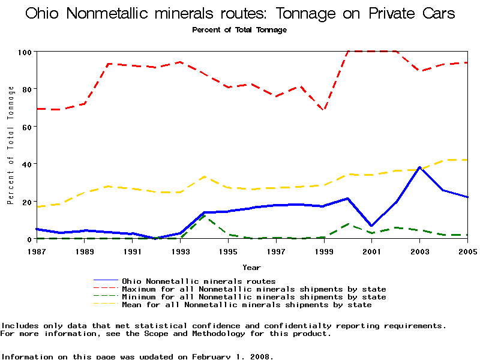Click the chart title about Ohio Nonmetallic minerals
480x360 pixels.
point(240,14)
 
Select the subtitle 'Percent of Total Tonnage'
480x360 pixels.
point(239,30)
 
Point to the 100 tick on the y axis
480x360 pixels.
point(25,52)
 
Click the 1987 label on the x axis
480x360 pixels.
point(37,250)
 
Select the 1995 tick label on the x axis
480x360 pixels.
point(229,250)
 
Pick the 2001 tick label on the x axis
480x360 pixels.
point(372,250)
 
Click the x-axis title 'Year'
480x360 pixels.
point(251,267)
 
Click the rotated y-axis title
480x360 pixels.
point(11,145)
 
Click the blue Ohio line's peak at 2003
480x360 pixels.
point(420,167)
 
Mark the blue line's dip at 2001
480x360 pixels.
point(372,226)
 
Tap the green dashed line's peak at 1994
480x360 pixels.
point(205,215)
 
